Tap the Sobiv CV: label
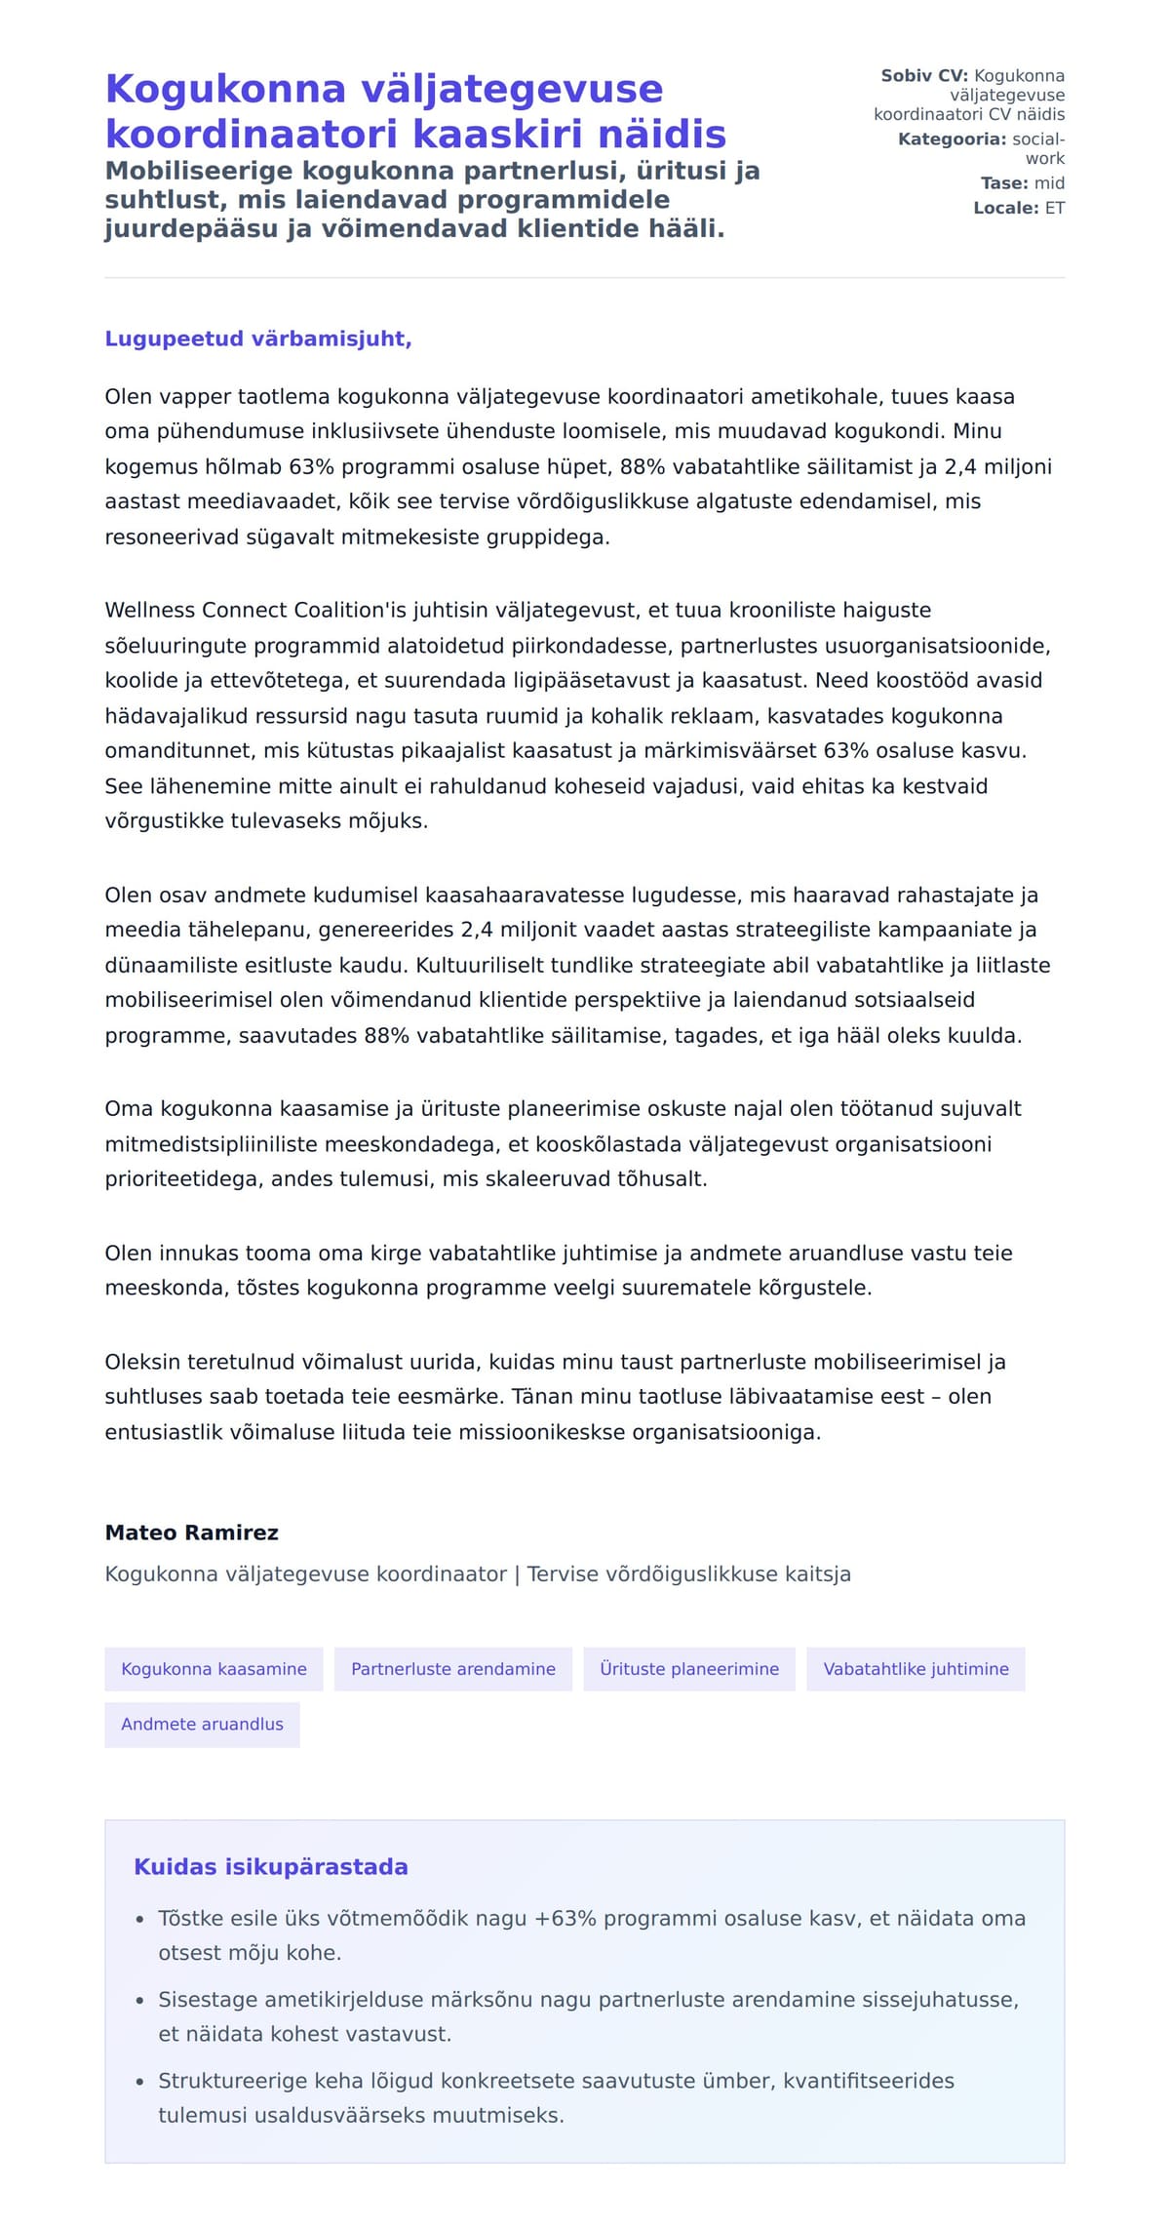click(x=923, y=76)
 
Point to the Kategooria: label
click(x=952, y=139)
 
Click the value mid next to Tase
click(x=1049, y=183)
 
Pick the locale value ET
click(x=1055, y=208)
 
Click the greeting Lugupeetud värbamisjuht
click(x=258, y=338)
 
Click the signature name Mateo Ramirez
click(x=192, y=1533)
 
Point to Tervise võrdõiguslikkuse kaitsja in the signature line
click(x=688, y=1573)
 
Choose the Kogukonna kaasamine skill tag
click(x=214, y=1669)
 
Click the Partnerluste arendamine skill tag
click(x=453, y=1669)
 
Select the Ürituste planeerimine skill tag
click(x=689, y=1669)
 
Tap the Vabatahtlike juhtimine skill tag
click(x=916, y=1669)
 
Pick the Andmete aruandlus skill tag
click(x=202, y=1724)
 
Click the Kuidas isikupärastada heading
click(x=271, y=1867)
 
